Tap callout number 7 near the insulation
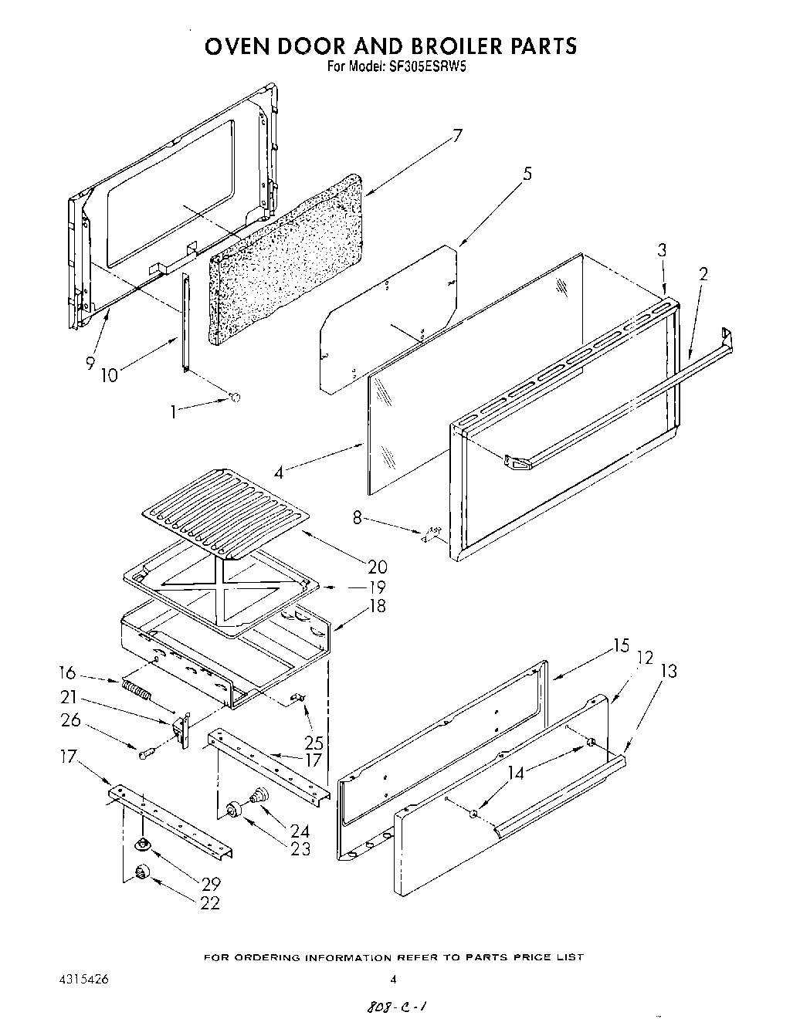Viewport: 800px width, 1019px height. (457, 136)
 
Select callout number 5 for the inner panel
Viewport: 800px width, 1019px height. (527, 173)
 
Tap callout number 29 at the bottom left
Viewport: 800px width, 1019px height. (209, 884)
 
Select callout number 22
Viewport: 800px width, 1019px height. (209, 903)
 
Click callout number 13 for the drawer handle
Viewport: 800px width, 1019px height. (668, 671)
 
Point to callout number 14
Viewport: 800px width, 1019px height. (515, 771)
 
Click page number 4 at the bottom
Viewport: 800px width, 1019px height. (392, 980)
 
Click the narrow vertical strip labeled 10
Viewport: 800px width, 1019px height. (185, 323)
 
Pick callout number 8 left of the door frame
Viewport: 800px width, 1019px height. (357, 518)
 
